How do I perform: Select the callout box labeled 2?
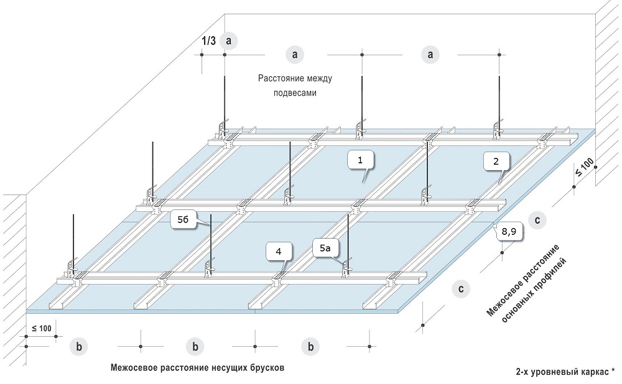496,162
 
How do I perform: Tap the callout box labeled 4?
278,251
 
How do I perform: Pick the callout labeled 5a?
325,249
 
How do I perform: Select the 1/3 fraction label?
209,42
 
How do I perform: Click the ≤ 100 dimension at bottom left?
41,327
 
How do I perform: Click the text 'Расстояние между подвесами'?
295,86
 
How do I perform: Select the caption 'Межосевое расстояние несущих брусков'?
197,367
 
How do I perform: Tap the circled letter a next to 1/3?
230,41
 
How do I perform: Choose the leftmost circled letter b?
79,346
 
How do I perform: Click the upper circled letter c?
536,219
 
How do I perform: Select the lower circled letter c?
460,289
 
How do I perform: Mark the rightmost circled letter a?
429,55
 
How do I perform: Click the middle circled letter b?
195,346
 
